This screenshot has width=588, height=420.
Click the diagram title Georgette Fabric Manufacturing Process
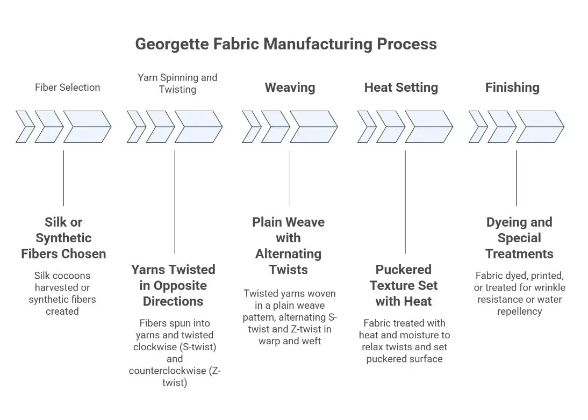285,44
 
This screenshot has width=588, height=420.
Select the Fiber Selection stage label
67,87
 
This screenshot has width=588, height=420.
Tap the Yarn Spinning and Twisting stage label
177,83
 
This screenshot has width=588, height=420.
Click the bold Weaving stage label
290,87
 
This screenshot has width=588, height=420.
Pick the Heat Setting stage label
401,87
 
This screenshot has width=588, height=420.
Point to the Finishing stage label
512,87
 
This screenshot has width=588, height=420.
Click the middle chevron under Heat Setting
390,127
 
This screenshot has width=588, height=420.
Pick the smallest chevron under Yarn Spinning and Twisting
135,127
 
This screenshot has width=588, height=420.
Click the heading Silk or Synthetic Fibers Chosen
63,238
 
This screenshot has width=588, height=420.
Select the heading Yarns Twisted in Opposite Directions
173,285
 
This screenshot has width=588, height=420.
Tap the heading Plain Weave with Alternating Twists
289,246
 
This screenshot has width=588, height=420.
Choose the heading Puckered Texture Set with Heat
404,285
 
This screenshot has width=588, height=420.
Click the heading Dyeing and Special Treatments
519,238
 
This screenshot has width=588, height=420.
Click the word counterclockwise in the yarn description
170,371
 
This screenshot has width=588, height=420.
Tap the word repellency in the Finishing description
519,311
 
